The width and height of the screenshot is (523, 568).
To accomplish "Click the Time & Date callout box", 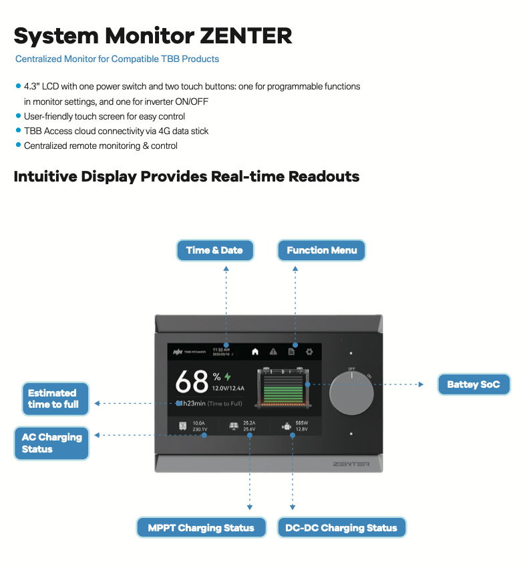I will pyautogui.click(x=214, y=250).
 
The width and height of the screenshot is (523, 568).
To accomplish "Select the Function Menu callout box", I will pyautogui.click(x=321, y=250).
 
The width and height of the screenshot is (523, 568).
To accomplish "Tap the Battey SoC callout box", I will pyautogui.click(x=474, y=384).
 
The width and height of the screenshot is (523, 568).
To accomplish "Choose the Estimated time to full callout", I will pyautogui.click(x=53, y=398).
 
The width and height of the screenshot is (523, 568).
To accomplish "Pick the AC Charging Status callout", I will pyautogui.click(x=51, y=443).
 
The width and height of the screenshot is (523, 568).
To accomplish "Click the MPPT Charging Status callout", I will pyautogui.click(x=201, y=528).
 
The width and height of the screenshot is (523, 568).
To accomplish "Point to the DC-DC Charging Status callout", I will pyautogui.click(x=341, y=528).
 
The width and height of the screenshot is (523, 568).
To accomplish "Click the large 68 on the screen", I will pyautogui.click(x=192, y=382).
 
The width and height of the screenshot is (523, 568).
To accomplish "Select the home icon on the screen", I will pyautogui.click(x=255, y=351).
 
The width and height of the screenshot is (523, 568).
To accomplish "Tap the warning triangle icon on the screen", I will pyautogui.click(x=273, y=351).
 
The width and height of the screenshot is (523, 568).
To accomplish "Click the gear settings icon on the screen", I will pyautogui.click(x=309, y=351).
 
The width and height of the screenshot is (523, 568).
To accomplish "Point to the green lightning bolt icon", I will pyautogui.click(x=227, y=376).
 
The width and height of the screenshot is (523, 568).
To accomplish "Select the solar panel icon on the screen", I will pyautogui.click(x=234, y=426).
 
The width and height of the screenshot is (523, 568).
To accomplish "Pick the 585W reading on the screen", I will pyautogui.click(x=301, y=422).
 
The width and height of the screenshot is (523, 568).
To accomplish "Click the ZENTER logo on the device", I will pyautogui.click(x=351, y=463).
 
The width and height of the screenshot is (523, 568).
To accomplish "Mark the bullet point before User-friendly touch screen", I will pyautogui.click(x=18, y=116).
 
